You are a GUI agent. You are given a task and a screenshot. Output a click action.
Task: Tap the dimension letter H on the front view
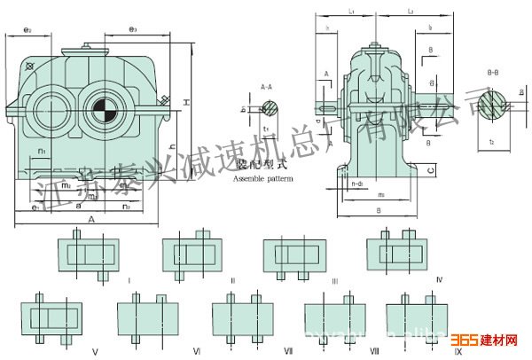[x=185, y=105]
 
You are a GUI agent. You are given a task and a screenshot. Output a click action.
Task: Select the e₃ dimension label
[x=132, y=30]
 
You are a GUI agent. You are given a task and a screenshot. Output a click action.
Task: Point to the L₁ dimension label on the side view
[x=352, y=12]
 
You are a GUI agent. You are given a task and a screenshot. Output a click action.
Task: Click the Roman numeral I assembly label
[x=129, y=278]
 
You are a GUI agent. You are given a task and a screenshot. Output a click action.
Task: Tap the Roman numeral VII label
[x=288, y=351]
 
